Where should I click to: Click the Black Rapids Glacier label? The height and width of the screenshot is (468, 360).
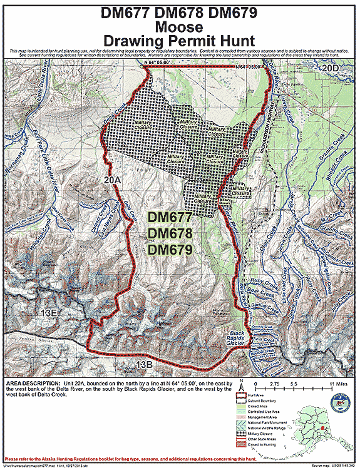coord(237,337)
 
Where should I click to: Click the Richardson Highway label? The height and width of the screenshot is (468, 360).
coord(255,135)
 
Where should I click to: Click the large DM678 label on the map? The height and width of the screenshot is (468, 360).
coord(170,232)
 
